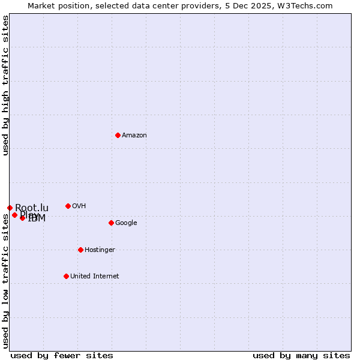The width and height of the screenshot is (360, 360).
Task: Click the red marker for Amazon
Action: click(118, 135)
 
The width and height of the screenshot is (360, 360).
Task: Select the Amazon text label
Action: click(134, 136)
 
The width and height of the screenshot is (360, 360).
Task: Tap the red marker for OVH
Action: click(68, 206)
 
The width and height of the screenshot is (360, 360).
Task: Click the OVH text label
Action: click(79, 206)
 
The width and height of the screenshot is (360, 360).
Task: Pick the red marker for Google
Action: click(111, 223)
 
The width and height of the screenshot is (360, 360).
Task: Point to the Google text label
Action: click(126, 223)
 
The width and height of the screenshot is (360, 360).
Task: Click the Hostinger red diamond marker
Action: click(80, 250)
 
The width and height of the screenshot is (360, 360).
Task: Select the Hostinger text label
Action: click(100, 250)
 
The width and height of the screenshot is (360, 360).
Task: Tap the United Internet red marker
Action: click(66, 276)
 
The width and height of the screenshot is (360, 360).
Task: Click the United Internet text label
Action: click(94, 277)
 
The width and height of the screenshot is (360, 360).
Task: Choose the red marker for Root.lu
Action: click(10, 208)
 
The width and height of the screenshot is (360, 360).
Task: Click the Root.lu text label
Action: click(32, 208)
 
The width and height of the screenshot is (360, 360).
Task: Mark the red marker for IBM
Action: click(22, 218)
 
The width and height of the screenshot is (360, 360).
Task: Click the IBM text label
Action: click(37, 218)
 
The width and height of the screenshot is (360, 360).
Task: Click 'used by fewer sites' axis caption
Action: click(62, 355)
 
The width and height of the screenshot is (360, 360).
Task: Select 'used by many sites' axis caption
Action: click(301, 355)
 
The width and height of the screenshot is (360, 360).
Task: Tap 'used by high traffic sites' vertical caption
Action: click(5, 86)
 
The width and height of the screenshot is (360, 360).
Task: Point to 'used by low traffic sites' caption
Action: click(5, 279)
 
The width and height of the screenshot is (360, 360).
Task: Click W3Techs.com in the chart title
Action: click(308, 5)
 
